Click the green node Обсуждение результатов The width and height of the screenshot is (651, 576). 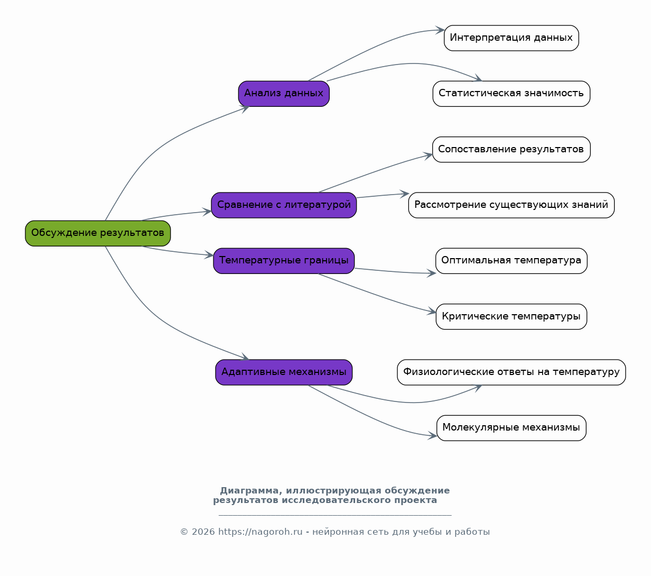coord(98,233)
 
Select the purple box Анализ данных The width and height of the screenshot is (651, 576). coord(284,94)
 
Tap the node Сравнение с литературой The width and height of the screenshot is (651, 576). coord(284,205)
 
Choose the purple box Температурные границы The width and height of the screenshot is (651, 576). coord(284,261)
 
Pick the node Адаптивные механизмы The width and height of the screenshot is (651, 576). coord(284,372)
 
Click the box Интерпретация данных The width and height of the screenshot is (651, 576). coord(511,38)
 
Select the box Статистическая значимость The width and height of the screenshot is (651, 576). coord(511,94)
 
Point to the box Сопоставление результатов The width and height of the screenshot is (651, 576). coord(511,150)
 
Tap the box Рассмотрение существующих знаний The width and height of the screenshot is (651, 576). coord(511,205)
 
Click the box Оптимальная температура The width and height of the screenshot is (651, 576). coord(511,261)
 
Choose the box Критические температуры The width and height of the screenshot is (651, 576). coord(511,316)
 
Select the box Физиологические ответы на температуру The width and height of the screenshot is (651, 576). coord(511,372)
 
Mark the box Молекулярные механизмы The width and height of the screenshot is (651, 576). coord(511,428)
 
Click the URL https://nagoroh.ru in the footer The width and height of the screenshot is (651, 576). coord(261,532)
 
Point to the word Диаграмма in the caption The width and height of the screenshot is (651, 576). coord(249,490)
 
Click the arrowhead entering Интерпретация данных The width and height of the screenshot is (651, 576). coord(440,30)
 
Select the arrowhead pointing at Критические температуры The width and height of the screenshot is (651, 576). coord(432,312)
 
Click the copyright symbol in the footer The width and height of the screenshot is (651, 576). coord(184,532)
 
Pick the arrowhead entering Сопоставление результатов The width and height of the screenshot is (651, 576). coord(427,156)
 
